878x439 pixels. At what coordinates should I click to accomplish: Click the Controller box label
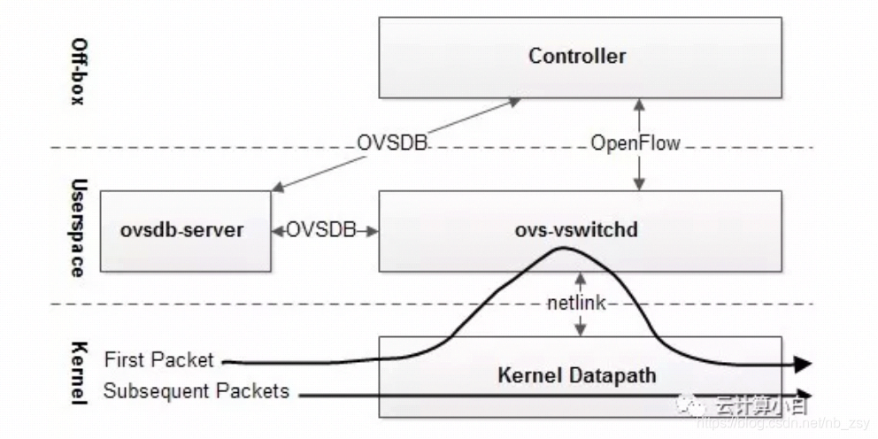577,57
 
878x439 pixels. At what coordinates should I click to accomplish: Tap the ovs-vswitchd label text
576,230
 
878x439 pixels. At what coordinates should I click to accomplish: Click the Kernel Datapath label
576,375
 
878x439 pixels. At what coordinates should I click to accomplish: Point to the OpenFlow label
635,142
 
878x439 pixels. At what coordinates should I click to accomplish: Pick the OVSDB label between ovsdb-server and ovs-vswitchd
324,231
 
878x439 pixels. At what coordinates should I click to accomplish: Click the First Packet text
158,359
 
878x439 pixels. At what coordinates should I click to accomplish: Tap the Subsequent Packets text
196,390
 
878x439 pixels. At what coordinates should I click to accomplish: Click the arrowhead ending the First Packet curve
804,364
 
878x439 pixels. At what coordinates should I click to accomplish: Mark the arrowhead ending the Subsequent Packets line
804,395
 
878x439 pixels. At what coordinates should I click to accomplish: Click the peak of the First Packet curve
559,249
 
